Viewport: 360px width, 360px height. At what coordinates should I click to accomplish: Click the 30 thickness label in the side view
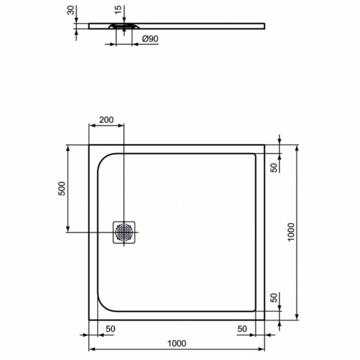click(71, 11)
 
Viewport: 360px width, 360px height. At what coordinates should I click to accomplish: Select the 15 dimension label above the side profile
click(118, 11)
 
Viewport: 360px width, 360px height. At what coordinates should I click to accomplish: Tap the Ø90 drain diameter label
click(149, 39)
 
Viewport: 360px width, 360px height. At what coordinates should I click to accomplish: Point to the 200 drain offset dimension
click(106, 119)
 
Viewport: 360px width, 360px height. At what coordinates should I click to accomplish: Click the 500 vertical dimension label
click(61, 189)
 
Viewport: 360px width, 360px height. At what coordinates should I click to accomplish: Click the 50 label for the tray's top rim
click(274, 167)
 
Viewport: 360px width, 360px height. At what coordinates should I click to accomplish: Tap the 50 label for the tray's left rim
click(110, 329)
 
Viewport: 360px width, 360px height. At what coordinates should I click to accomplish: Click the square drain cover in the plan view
click(124, 232)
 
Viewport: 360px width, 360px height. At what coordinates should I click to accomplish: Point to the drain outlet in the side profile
click(124, 26)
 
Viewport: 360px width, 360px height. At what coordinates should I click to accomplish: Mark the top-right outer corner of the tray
click(265, 145)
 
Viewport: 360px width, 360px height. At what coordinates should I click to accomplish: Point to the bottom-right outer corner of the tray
click(265, 319)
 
